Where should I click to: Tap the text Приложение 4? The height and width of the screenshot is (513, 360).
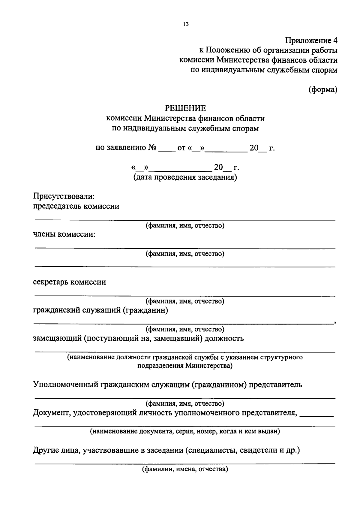311,40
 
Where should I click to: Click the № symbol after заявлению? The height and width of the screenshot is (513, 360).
152,148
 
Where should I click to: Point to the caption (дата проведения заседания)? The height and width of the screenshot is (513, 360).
185,177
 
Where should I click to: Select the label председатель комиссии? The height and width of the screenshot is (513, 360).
76,206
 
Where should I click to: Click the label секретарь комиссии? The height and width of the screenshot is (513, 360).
69,282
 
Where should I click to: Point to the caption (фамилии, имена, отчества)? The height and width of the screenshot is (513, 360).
185,469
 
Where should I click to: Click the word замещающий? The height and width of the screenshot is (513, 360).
57,339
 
